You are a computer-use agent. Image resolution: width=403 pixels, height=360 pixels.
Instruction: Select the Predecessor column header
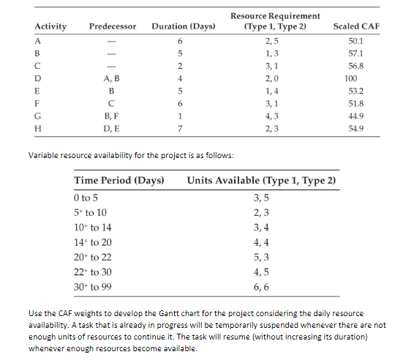(x=113, y=26)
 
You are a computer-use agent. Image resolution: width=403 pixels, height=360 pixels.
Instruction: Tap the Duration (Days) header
(x=183, y=26)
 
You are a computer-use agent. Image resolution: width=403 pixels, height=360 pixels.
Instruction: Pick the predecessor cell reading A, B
(x=112, y=77)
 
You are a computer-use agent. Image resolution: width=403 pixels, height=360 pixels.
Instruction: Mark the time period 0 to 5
(x=86, y=198)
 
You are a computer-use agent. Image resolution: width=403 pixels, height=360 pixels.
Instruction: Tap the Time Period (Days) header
(x=118, y=180)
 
